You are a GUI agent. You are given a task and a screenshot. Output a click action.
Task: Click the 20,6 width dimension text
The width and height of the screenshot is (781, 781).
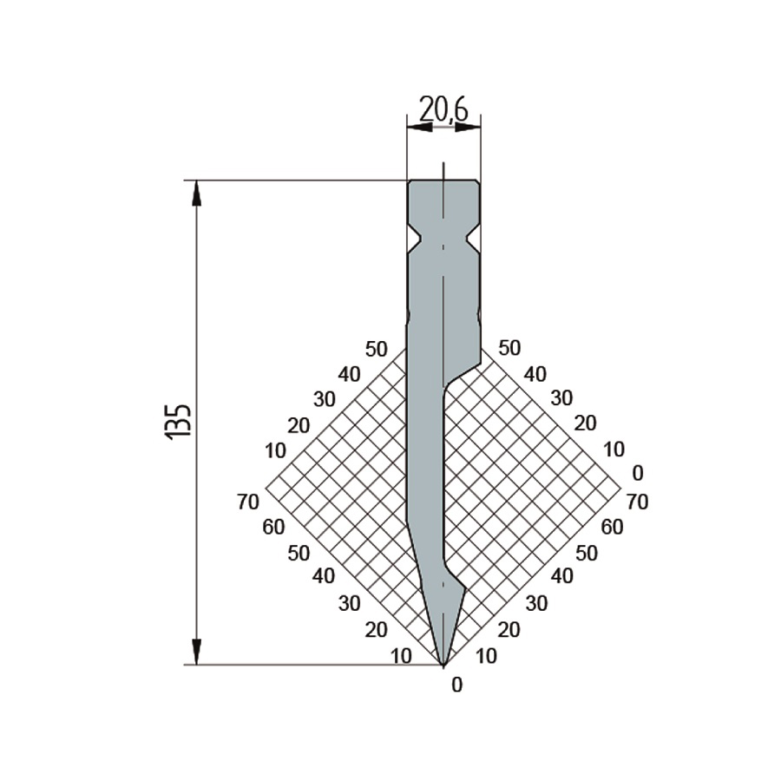pyautogui.click(x=443, y=109)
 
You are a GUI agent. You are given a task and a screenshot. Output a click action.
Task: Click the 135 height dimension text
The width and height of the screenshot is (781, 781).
pyautogui.click(x=177, y=421)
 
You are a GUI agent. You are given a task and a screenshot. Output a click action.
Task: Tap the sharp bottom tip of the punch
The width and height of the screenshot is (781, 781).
pyautogui.click(x=443, y=665)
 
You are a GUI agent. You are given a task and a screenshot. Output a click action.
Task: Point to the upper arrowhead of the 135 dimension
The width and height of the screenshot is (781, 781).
pyautogui.click(x=197, y=194)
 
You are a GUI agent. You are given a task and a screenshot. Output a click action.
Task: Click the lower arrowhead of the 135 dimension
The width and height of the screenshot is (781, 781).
pyautogui.click(x=197, y=652)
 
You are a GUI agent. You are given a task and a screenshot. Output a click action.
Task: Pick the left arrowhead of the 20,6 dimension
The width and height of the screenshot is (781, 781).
pyautogui.click(x=419, y=128)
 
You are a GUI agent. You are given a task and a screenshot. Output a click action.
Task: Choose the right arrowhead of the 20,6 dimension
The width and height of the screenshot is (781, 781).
pyautogui.click(x=469, y=128)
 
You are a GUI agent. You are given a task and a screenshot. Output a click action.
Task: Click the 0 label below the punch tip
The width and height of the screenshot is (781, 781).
pyautogui.click(x=456, y=686)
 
